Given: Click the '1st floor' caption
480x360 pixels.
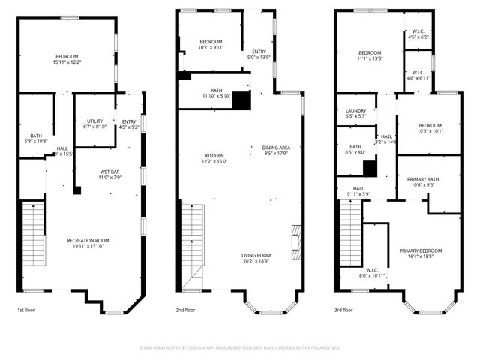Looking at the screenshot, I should tap(25, 310).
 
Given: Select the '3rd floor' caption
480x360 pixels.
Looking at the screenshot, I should tap(343, 310).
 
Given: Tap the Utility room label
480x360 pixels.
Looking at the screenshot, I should tap(94, 121).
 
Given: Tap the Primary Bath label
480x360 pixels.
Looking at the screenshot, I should tap(427, 179).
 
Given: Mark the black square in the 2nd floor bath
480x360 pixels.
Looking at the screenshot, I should tap(241, 100).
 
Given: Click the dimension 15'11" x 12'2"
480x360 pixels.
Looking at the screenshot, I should tap(66, 63).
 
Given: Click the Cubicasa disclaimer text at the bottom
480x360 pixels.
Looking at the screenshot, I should tap(240, 348).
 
